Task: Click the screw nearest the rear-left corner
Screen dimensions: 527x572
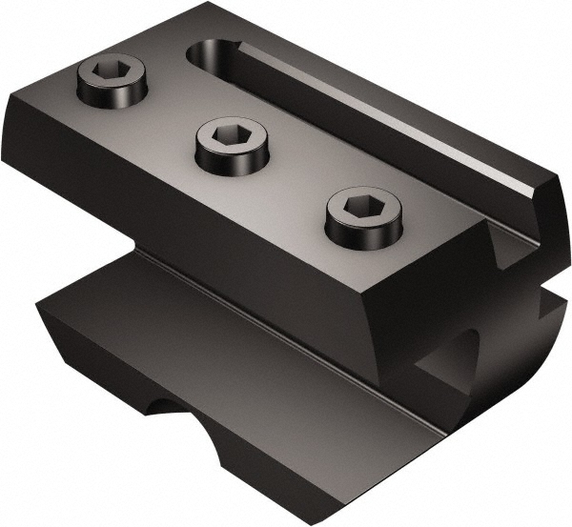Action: pos(112,79)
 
